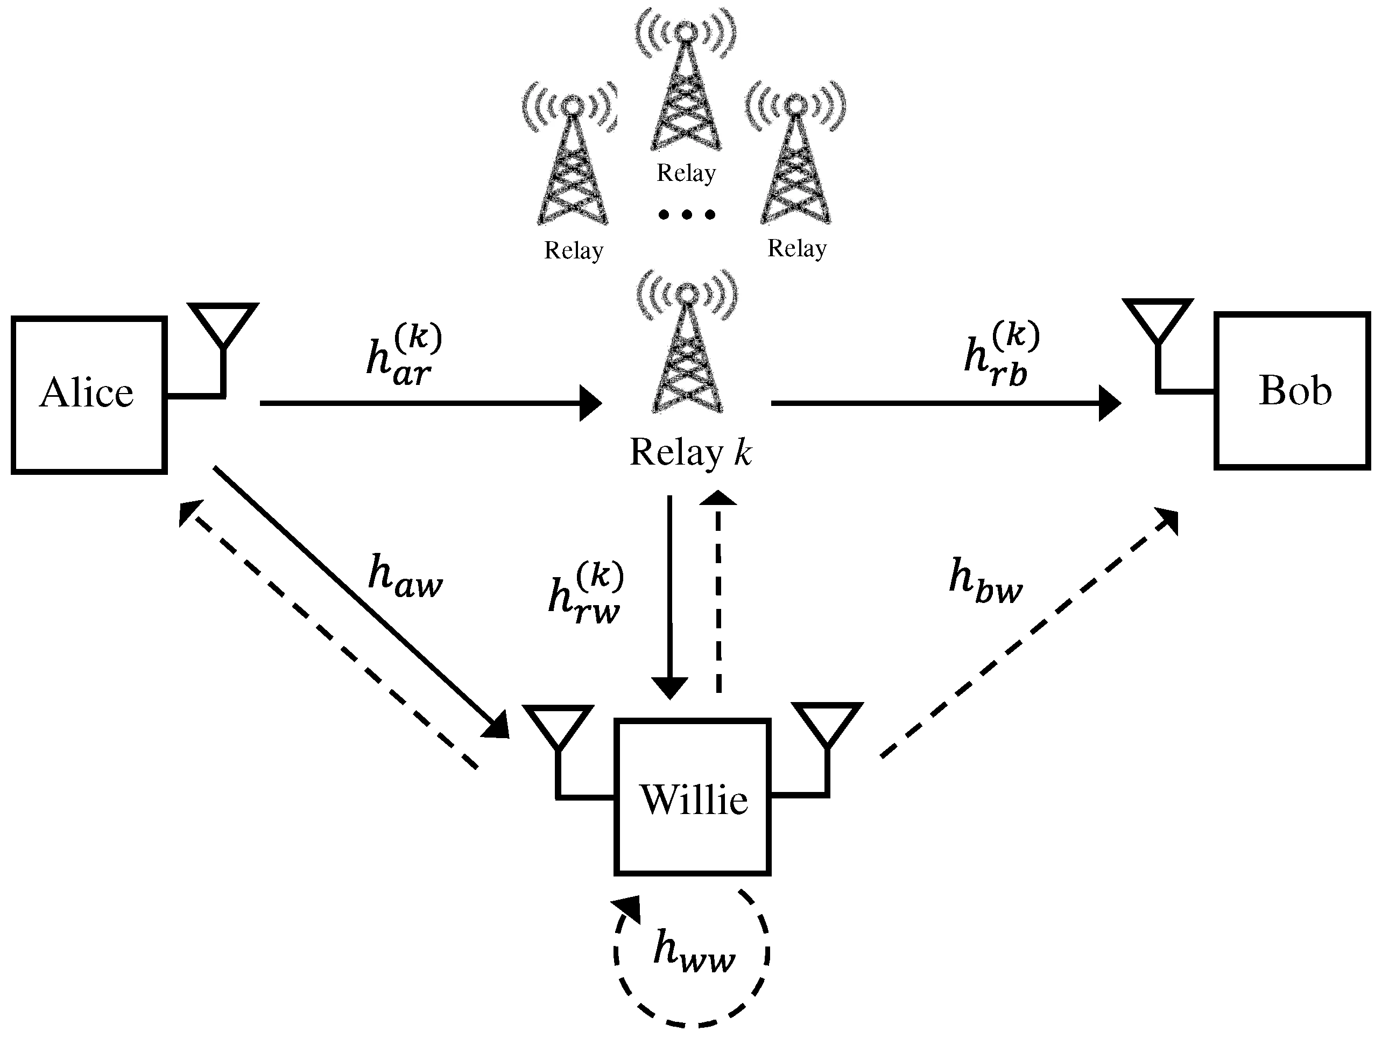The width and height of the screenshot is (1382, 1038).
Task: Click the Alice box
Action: [x=89, y=395]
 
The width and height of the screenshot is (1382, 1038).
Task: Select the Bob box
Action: [x=1292, y=390]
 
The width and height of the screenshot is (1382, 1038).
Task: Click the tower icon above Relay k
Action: [x=687, y=350]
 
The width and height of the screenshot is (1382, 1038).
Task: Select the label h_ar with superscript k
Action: [x=403, y=355]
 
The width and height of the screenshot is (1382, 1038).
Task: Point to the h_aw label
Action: [x=405, y=576]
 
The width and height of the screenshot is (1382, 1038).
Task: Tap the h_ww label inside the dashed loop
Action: [x=694, y=952]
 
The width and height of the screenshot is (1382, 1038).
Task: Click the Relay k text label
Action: [x=690, y=452]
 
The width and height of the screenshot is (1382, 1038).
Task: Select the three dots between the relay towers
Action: [x=687, y=215]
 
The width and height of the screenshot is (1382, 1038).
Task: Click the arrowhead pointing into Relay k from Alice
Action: [x=590, y=404]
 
